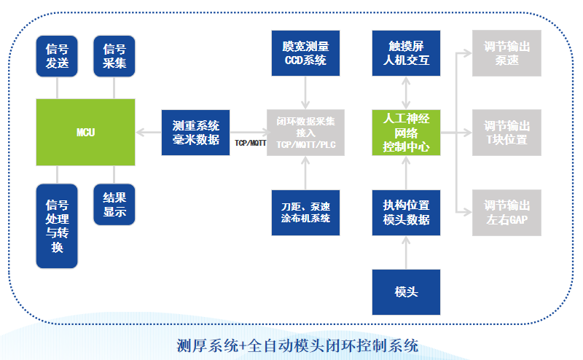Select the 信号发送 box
coord(57,55)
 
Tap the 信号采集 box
coord(114,55)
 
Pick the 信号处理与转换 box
coord(57,226)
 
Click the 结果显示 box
coord(114,205)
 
